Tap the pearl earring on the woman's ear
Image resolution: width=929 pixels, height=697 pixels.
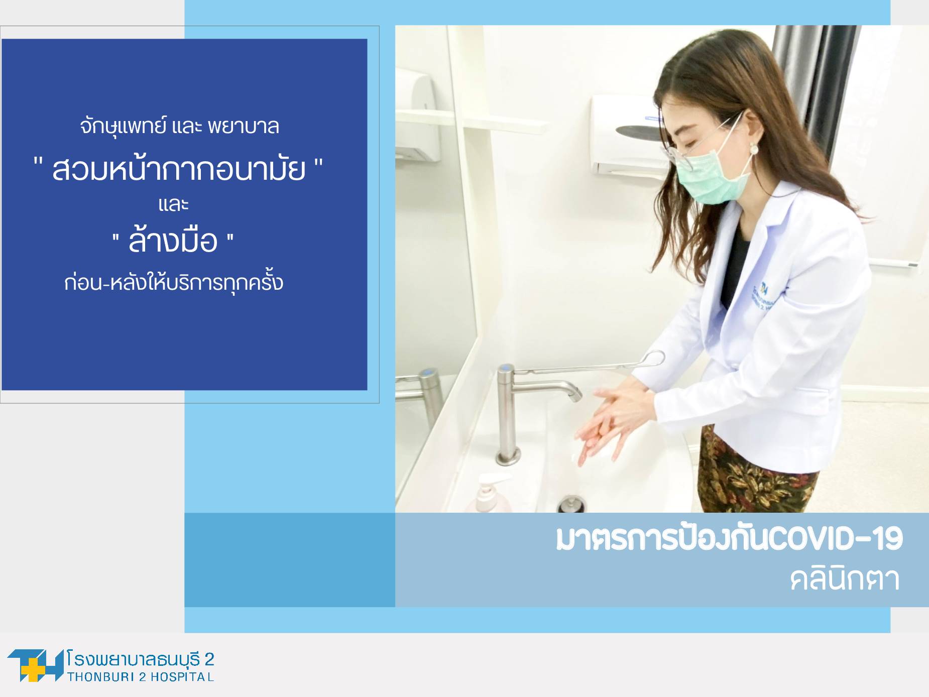coord(754,149)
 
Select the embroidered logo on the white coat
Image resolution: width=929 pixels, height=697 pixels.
coord(765,296)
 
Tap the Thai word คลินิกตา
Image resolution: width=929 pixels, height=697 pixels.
coord(844,579)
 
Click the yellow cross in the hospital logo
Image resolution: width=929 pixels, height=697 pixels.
coord(34,669)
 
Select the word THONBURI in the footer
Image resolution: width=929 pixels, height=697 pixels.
coord(101,677)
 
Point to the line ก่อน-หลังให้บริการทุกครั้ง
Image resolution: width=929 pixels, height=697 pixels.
coord(174,282)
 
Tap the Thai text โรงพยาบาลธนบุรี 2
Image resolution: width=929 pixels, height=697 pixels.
coord(140,658)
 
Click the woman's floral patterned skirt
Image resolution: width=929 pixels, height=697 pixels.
coord(753,472)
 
